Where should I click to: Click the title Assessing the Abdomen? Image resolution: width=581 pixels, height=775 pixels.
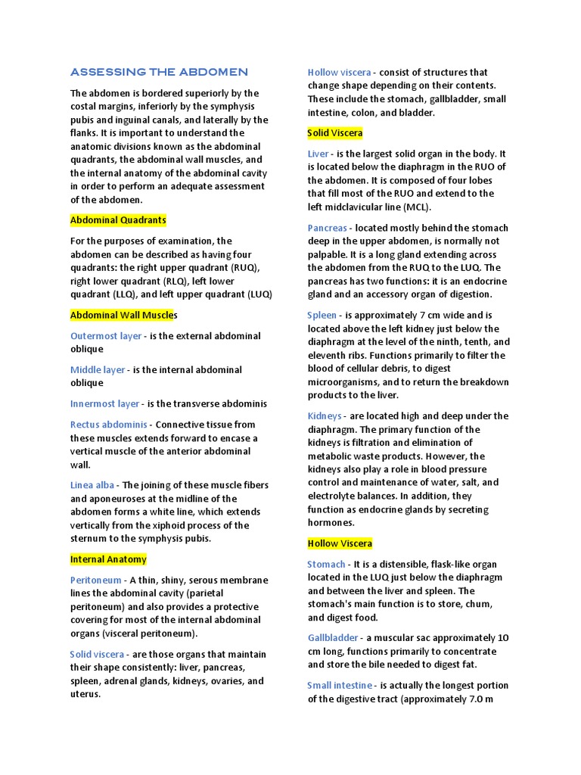[x=159, y=72]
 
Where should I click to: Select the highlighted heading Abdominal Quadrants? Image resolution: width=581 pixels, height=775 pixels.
[x=118, y=220]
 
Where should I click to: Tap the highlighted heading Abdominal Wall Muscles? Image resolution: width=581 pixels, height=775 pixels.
[x=124, y=315]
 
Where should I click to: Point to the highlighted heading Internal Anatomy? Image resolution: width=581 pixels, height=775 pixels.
[x=108, y=560]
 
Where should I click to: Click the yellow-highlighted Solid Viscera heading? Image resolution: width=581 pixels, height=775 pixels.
[x=335, y=133]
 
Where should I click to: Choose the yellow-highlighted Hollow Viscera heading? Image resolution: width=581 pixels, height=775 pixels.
[x=340, y=544]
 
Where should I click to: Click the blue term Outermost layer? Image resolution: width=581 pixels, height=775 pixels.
[x=106, y=336]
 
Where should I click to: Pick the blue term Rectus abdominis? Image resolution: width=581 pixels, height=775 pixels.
[x=109, y=425]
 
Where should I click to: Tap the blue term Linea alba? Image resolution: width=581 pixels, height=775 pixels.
[x=93, y=485]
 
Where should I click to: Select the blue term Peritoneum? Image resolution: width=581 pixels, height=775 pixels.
[x=96, y=580]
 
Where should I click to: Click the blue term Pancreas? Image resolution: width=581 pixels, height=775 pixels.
[x=328, y=228]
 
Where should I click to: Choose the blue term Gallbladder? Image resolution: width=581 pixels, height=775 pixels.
[x=333, y=638]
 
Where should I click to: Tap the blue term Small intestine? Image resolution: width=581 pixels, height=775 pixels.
[x=340, y=686]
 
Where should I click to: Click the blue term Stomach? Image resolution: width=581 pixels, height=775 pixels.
[x=326, y=565]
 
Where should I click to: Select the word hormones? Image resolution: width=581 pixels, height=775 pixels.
[x=331, y=523]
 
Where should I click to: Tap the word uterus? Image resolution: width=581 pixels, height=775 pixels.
[x=85, y=694]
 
